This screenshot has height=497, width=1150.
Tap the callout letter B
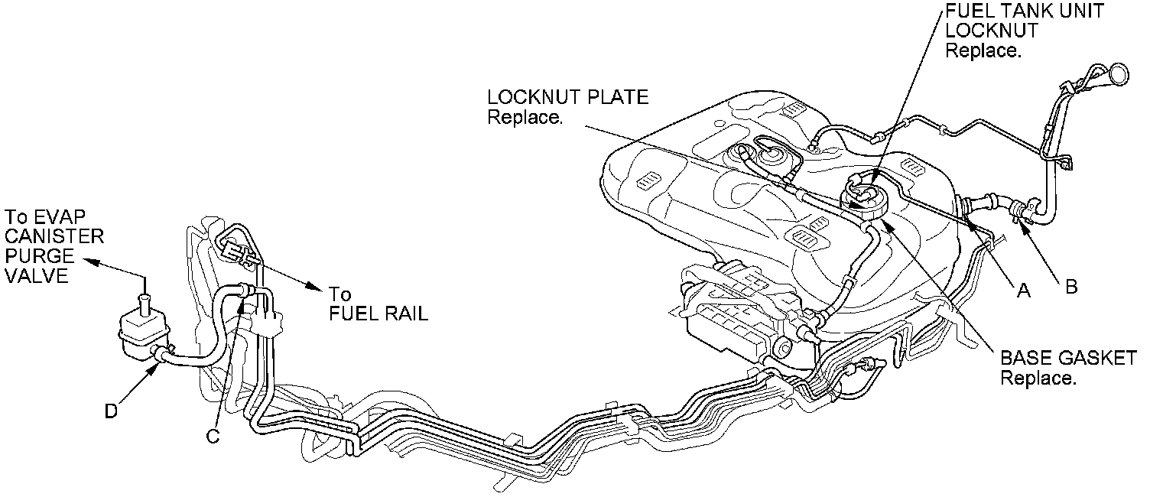click(x=1071, y=287)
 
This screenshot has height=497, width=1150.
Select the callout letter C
click(x=213, y=435)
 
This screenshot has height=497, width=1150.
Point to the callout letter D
click(x=112, y=411)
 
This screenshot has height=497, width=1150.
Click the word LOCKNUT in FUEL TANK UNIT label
click(x=992, y=31)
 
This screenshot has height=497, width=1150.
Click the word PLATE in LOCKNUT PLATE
click(x=616, y=98)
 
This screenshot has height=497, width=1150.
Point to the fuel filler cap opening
click(x=1119, y=73)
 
